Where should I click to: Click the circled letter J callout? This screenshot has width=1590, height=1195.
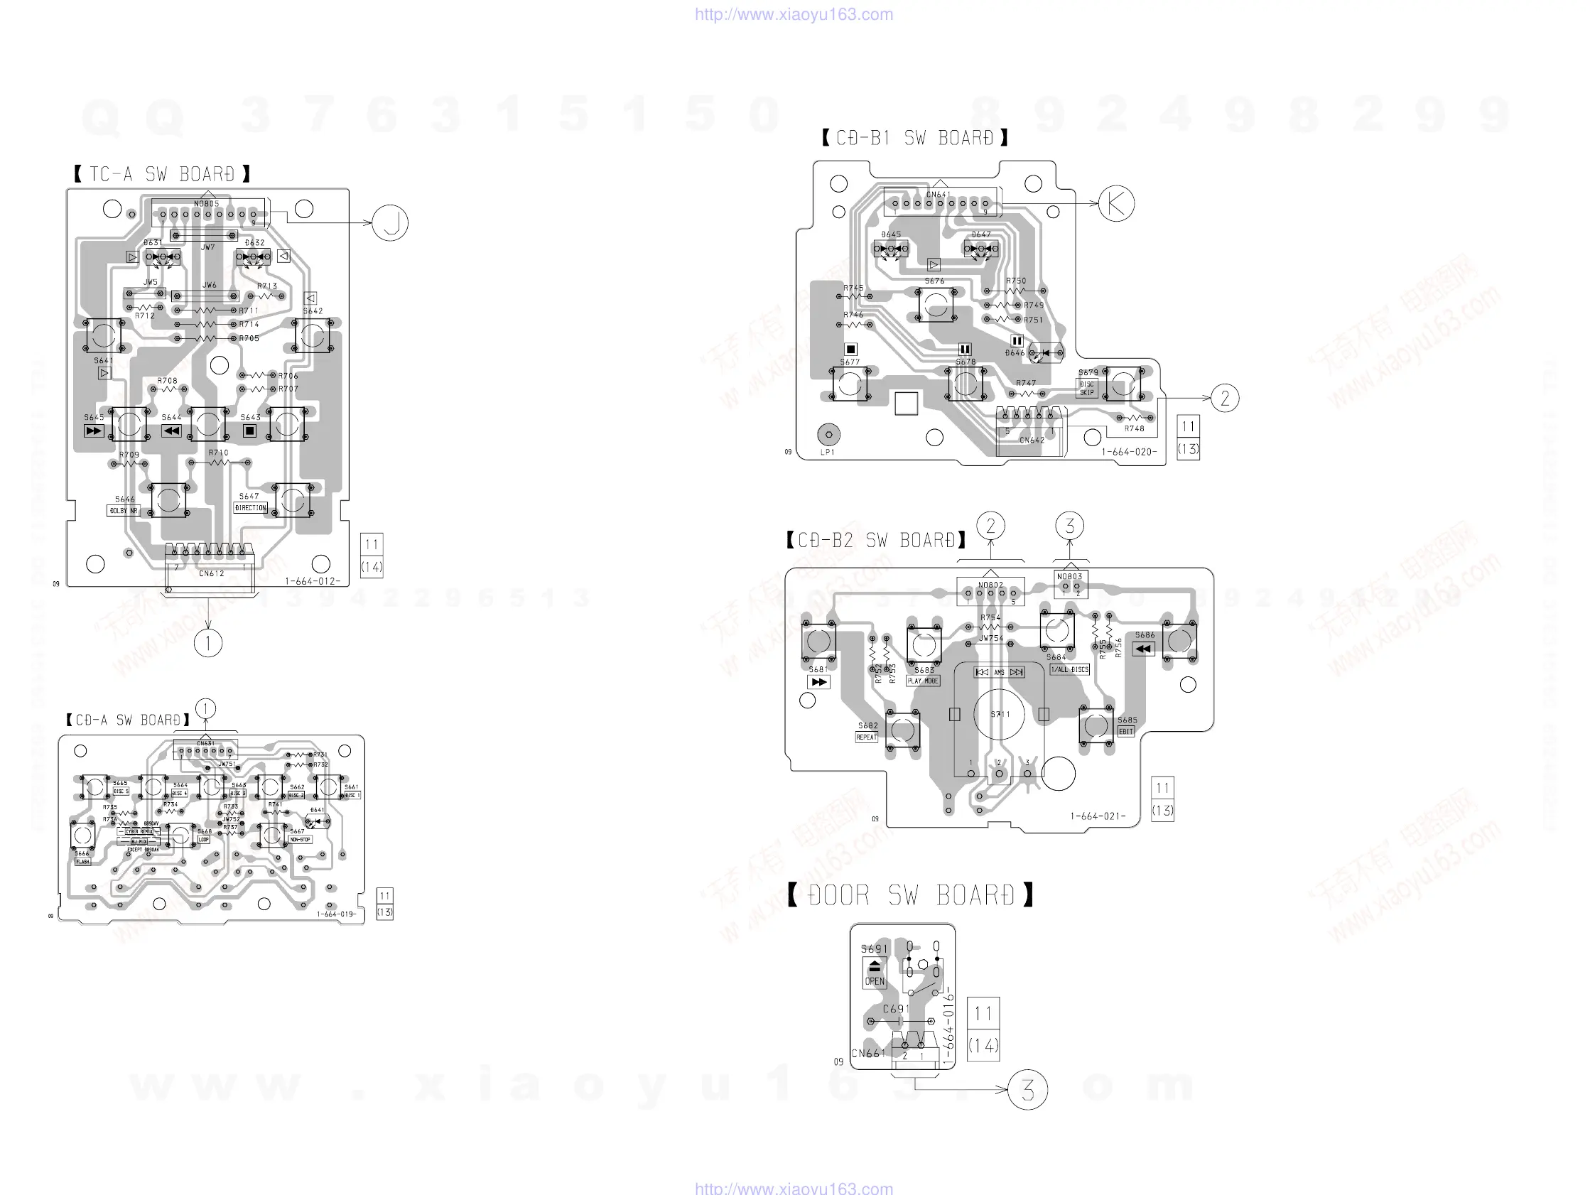[x=390, y=223]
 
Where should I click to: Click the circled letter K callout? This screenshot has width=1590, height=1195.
[x=1116, y=203]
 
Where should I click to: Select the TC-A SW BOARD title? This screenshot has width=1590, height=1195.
[x=162, y=174]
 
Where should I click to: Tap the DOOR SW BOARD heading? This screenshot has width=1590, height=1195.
[x=911, y=895]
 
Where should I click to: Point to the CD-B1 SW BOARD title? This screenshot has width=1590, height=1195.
[x=914, y=138]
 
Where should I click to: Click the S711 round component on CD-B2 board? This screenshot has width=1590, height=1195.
[x=999, y=714]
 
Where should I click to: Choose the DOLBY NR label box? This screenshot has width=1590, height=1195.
[x=124, y=511]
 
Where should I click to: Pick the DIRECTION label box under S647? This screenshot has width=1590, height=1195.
[x=250, y=507]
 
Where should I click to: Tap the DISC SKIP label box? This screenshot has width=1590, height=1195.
[x=1087, y=388]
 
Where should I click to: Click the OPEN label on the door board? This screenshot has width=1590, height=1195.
[x=875, y=980]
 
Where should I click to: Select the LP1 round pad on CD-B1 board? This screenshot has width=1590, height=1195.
[x=829, y=434]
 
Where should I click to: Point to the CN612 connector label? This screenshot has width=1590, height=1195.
[x=211, y=574]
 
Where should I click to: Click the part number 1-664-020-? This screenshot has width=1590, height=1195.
[x=1129, y=453]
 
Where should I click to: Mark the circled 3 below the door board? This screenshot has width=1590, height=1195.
[x=1028, y=1090]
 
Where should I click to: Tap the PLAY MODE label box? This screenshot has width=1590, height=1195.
[x=923, y=681]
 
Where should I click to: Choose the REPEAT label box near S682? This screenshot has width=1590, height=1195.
[x=866, y=737]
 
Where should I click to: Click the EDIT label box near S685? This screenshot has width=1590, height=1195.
[x=1125, y=731]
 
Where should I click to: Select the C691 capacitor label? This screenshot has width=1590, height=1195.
[x=896, y=1009]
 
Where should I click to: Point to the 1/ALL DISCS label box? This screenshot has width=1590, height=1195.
[x=1069, y=669]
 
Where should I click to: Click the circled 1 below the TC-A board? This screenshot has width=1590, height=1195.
[x=208, y=643]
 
